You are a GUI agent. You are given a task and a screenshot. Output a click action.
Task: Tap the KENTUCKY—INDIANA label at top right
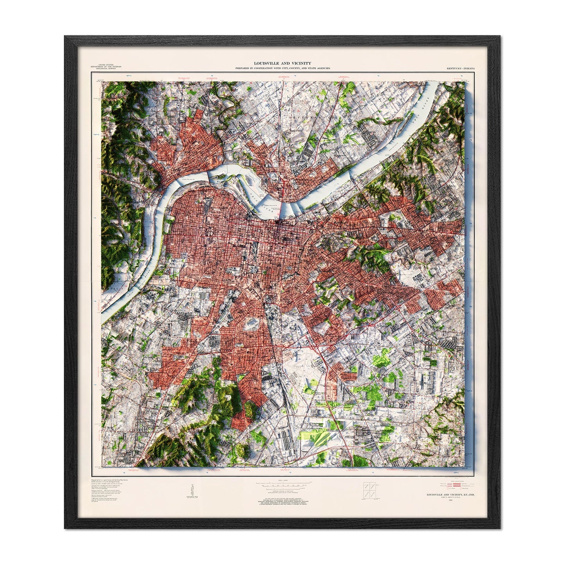coord(460,68)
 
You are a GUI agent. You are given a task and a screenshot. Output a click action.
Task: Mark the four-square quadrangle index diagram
coord(368,489)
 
